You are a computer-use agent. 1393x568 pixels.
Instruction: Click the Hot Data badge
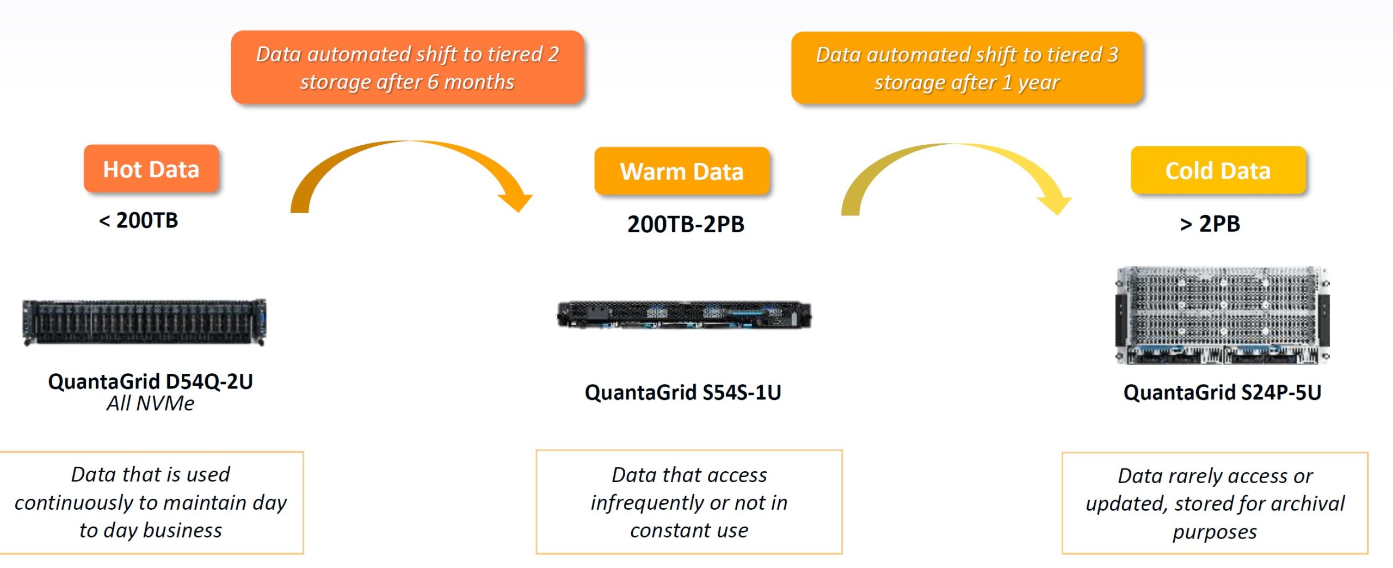pos(151,169)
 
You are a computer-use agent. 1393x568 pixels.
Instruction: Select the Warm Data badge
pos(682,171)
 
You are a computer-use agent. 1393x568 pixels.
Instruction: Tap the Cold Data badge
pos(1218,170)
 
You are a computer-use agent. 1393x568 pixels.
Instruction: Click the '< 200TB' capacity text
pos(138,220)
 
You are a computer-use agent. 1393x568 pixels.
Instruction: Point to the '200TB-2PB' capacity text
pos(686,224)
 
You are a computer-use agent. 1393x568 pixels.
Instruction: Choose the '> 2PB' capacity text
pos(1210,224)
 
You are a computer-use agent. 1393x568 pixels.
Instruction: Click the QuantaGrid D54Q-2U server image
pos(144,322)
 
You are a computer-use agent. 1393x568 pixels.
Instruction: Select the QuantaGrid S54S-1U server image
pos(684,315)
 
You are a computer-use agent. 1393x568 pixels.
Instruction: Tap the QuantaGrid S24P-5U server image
pos(1222,315)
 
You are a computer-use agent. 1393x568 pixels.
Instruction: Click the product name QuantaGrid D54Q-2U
pos(150,381)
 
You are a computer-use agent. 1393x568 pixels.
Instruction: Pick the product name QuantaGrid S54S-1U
pos(683,392)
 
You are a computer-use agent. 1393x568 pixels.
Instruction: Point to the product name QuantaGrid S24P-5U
pos(1222,392)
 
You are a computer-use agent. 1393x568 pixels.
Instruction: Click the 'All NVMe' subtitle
pos(150,404)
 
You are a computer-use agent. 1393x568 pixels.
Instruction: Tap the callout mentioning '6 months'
pos(408,67)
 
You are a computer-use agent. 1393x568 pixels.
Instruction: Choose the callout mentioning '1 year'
pos(967,68)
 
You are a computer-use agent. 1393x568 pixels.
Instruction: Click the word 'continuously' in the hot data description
pos(76,503)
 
